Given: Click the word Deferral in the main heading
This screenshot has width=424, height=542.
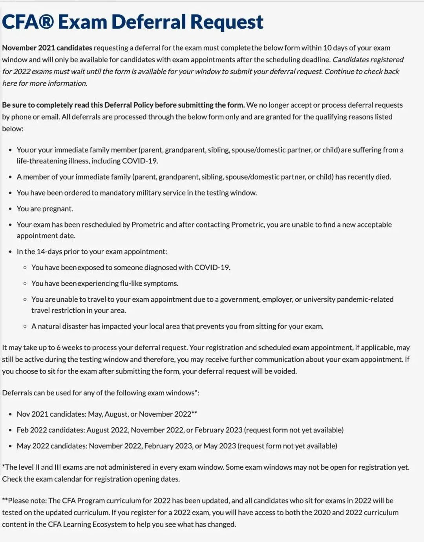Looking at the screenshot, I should pyautogui.click(x=149, y=22).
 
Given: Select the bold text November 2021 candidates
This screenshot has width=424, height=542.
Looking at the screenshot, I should pyautogui.click(x=47, y=48).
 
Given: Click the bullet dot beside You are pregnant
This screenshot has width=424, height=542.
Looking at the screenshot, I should pyautogui.click(x=10, y=209).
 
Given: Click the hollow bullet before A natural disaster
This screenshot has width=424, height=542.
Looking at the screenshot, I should pyautogui.click(x=25, y=326).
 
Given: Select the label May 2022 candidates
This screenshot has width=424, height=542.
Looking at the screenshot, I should pyautogui.click(x=52, y=446).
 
